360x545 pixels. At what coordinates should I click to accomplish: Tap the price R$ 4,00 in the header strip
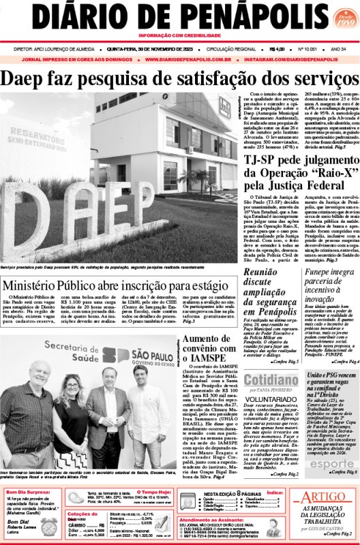pyautogui.click(x=276, y=48)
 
